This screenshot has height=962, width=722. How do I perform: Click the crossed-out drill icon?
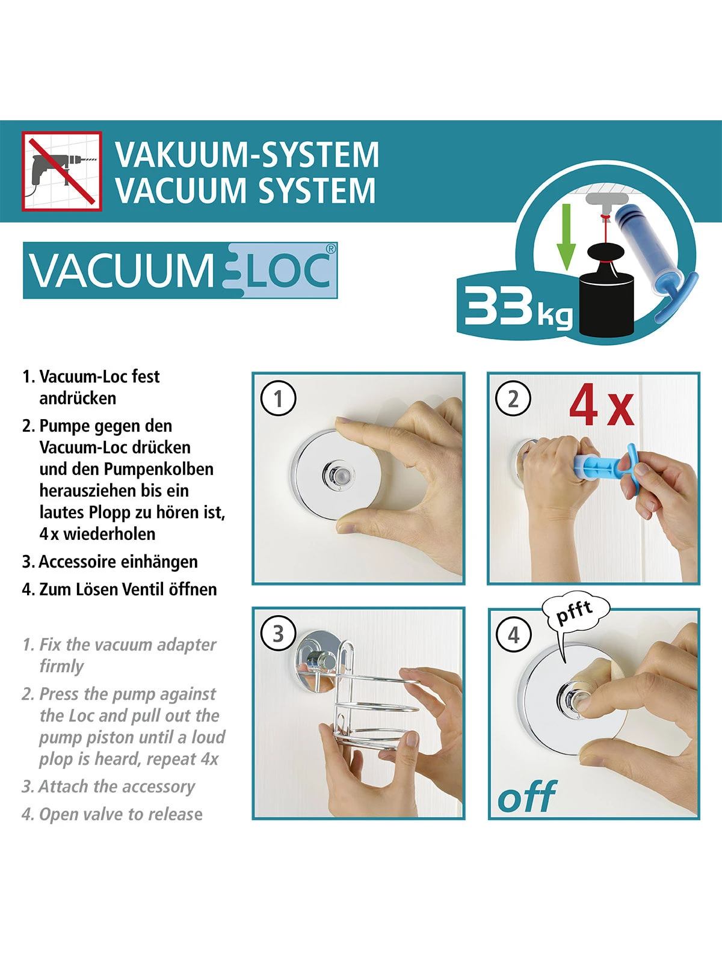62,171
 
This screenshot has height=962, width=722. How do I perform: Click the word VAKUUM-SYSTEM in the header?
247,155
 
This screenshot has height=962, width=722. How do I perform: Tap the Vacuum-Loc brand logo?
180,271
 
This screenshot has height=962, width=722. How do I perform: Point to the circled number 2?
513,399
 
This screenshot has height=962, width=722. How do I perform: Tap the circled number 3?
278,634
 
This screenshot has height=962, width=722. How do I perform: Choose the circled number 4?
513,635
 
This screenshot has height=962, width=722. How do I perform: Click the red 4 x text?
602,406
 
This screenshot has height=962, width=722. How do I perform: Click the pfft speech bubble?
575,614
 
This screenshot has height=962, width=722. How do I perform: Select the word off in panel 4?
527,797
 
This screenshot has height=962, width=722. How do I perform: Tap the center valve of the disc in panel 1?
337,476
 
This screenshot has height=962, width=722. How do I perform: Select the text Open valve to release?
120,814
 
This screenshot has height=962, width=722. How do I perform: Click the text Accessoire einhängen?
118,562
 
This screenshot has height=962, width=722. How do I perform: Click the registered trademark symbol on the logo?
330,249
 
